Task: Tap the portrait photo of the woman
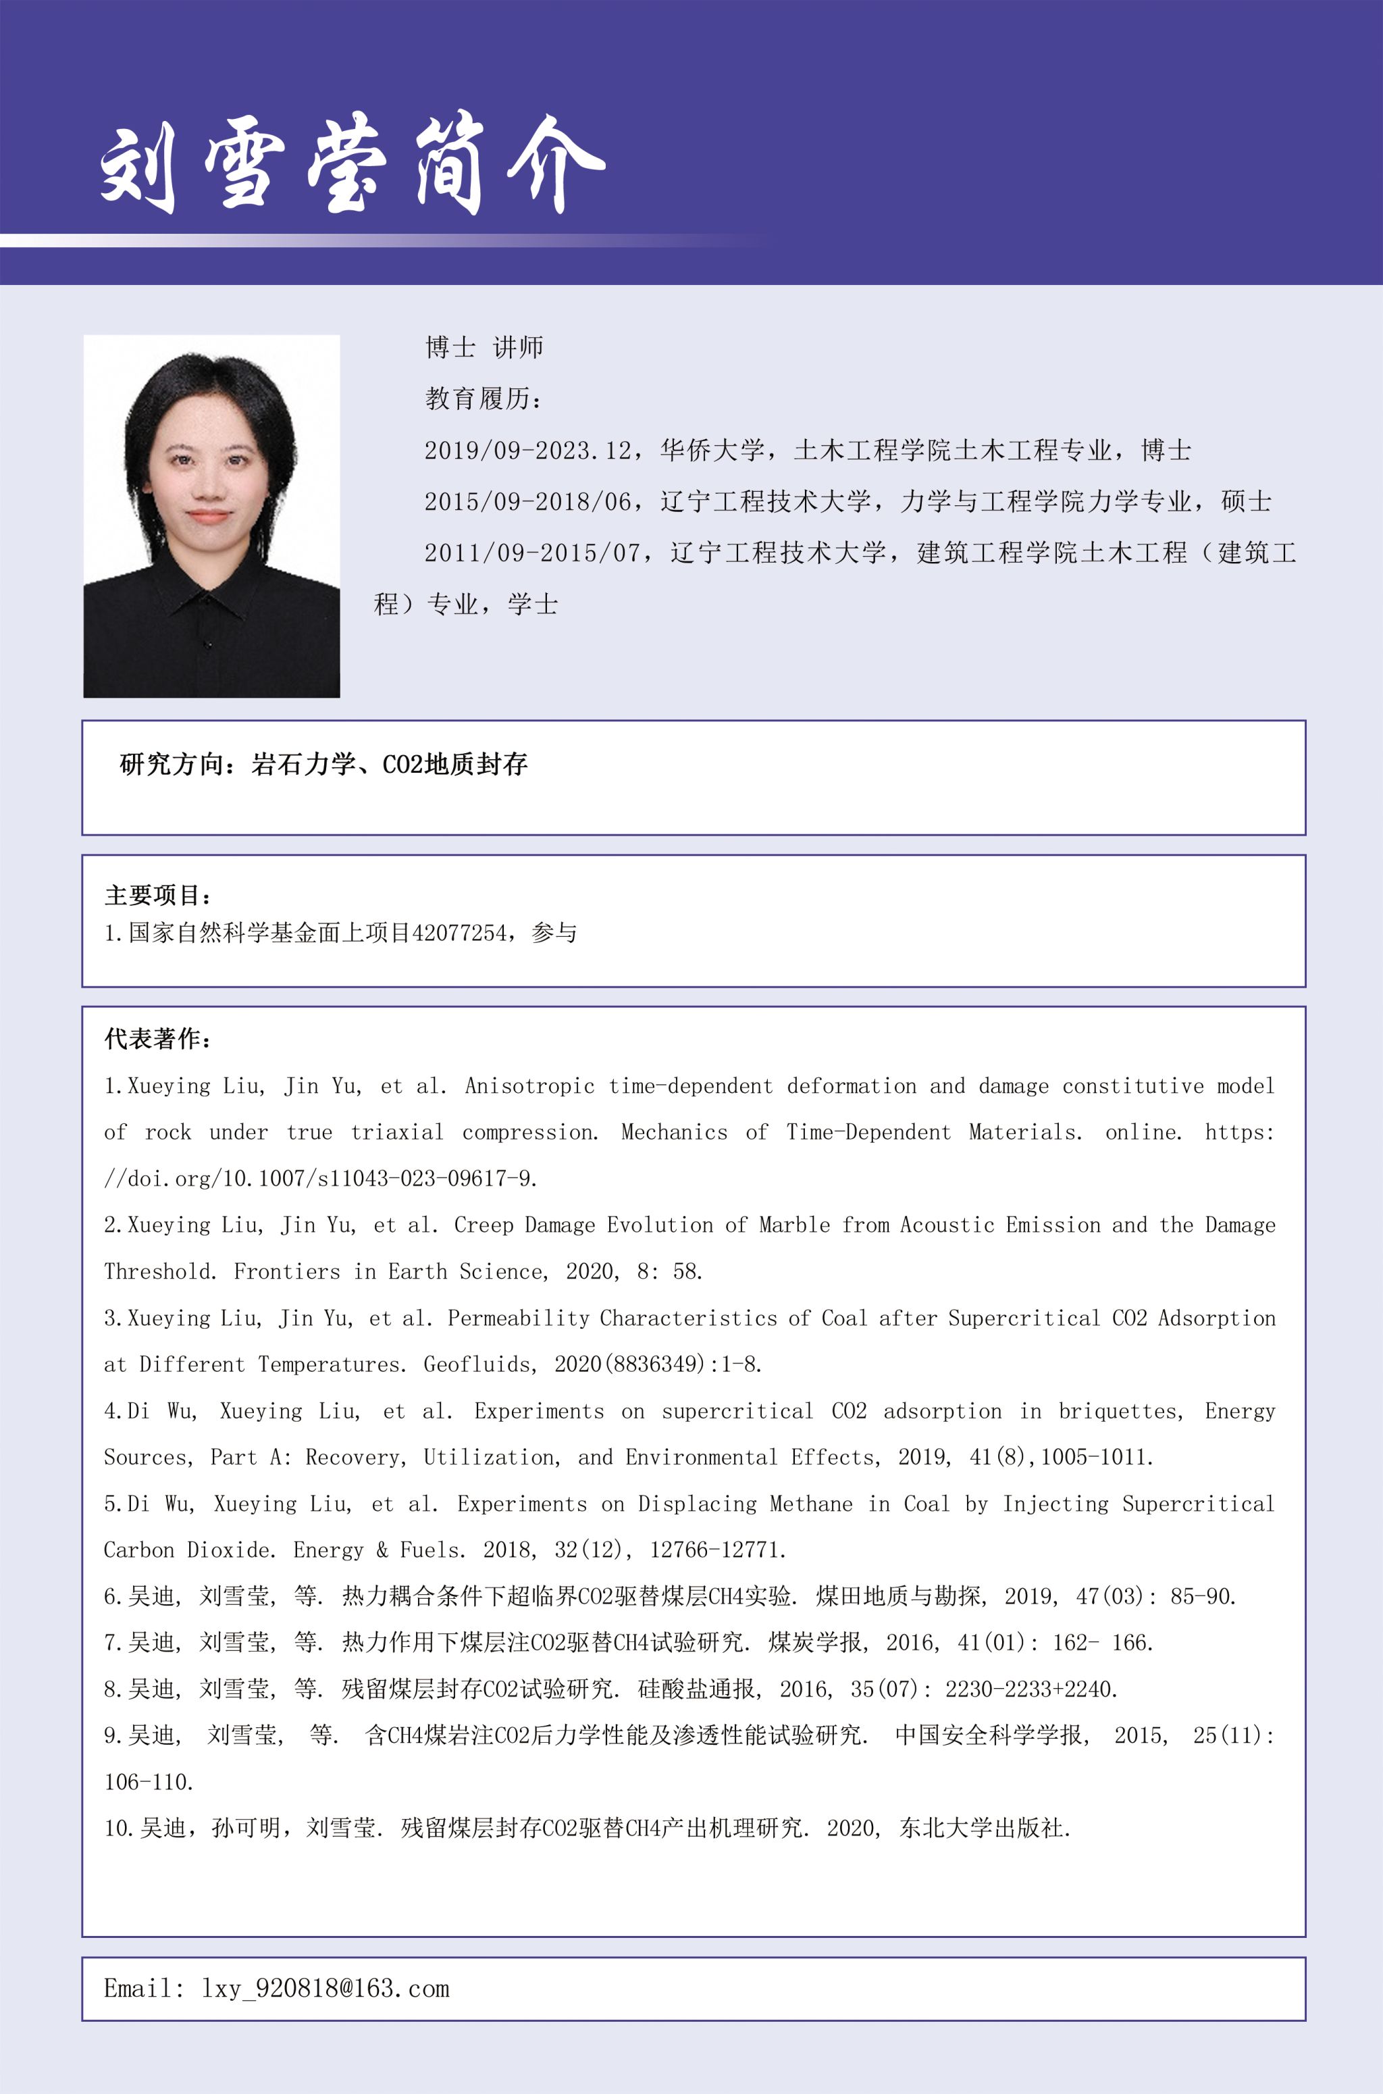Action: point(211,516)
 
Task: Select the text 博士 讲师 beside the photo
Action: point(484,347)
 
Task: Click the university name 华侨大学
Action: point(712,451)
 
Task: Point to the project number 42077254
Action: point(459,934)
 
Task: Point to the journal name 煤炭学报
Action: point(815,1642)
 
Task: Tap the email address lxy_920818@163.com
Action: point(325,1988)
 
